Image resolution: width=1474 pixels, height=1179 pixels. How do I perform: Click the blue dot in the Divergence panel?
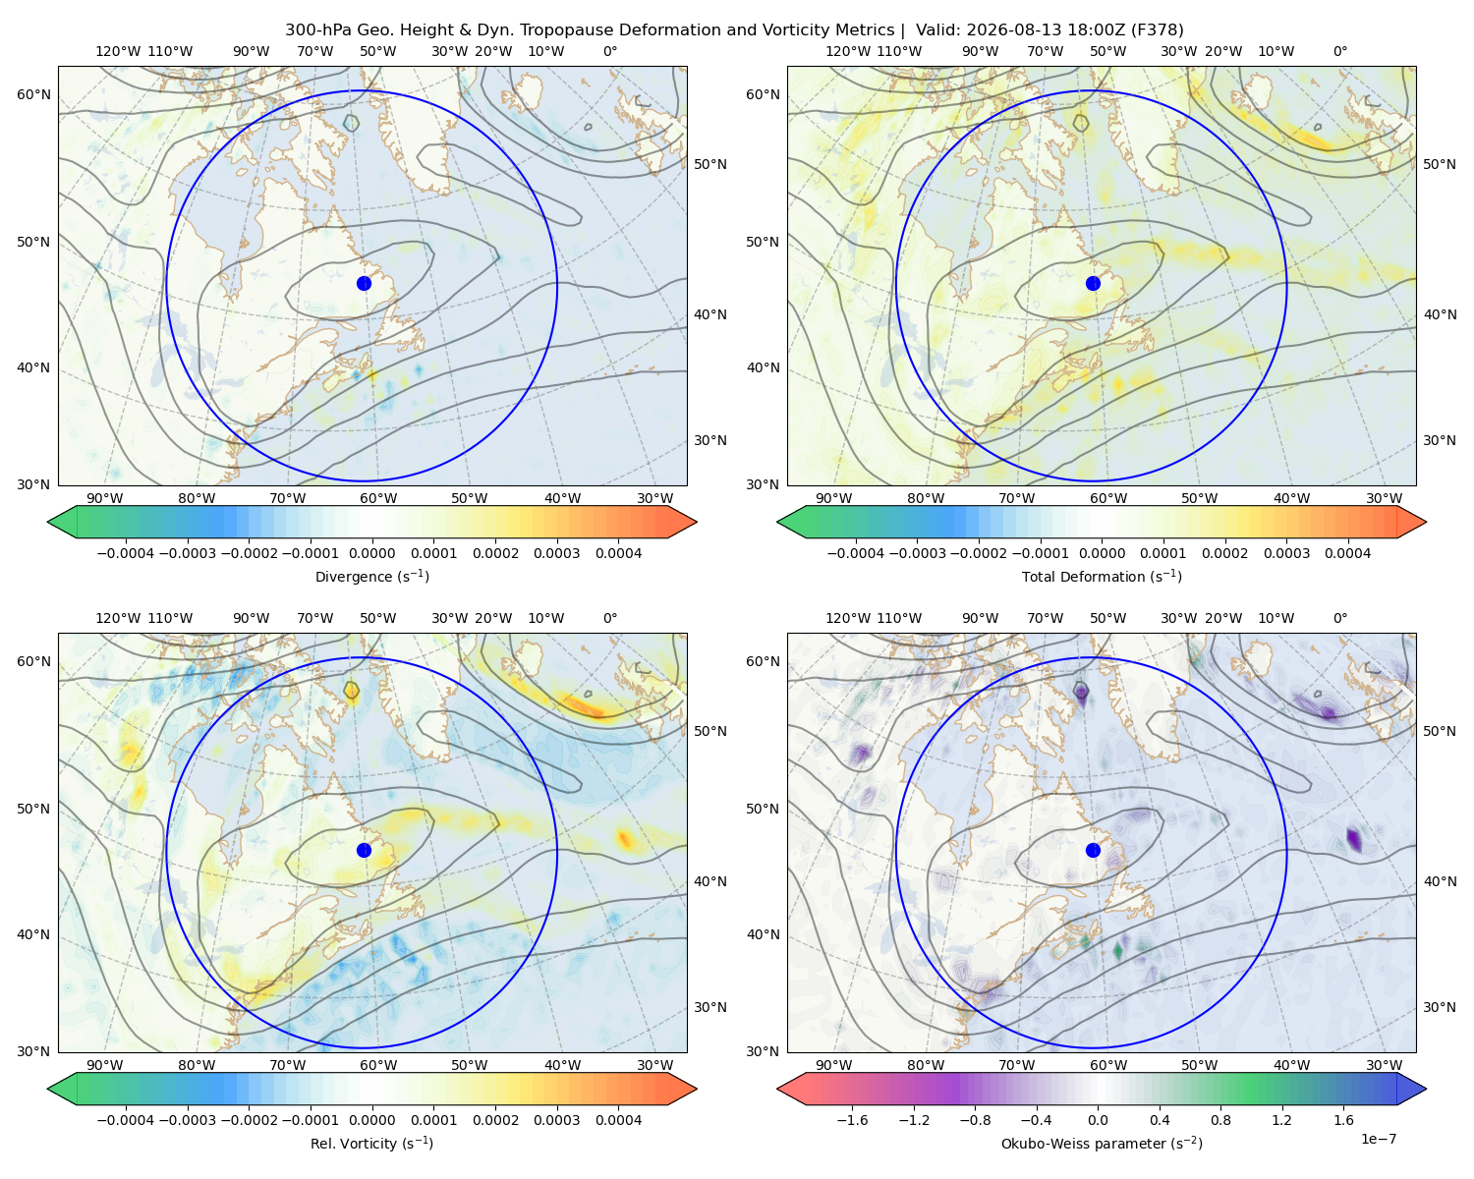tap(364, 283)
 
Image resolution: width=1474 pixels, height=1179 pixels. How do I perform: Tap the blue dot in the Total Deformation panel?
tap(1093, 283)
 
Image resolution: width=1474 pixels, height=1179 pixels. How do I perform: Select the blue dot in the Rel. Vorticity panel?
tap(364, 850)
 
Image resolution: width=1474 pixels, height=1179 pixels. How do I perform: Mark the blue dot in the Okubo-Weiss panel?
tap(1093, 850)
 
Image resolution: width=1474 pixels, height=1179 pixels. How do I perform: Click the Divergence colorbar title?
tap(371, 576)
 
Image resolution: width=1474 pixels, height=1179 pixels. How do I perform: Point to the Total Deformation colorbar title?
tap(1102, 576)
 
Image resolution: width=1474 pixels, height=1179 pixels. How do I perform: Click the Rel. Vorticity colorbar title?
tap(371, 1143)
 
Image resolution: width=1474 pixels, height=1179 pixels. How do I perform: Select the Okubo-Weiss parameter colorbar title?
tap(1102, 1143)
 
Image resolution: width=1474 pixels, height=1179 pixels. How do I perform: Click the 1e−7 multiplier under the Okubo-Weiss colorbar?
tap(1378, 1139)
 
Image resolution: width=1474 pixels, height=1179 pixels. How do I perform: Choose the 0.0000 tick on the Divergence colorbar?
tap(371, 553)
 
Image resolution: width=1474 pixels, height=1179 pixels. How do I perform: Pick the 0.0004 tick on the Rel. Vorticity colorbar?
tap(618, 1120)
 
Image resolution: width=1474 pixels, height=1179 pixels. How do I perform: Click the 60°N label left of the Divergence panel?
tap(33, 94)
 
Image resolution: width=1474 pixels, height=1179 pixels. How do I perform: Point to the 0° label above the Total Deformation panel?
tap(1340, 51)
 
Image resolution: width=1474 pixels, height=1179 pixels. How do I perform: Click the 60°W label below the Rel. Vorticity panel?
tap(378, 1065)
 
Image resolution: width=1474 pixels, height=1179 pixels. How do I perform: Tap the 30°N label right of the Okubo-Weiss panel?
tap(1440, 1007)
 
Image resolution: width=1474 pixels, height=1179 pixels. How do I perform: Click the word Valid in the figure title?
tap(935, 30)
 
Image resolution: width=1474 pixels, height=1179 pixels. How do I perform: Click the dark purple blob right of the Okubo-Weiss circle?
tap(1354, 839)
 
